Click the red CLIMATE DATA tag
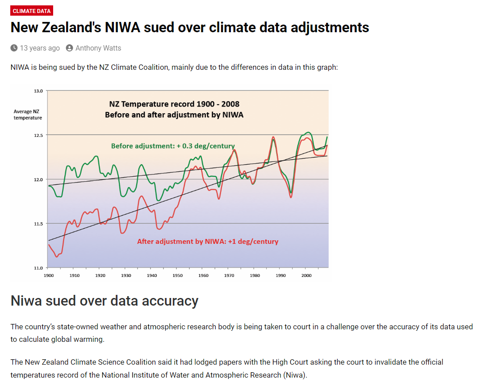(x=32, y=11)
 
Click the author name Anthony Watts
(x=98, y=48)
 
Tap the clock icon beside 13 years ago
(x=14, y=48)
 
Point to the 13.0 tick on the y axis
(x=38, y=91)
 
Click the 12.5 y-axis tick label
(x=38, y=135)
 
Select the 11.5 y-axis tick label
(x=38, y=223)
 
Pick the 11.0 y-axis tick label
(x=38, y=268)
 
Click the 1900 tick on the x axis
(x=49, y=276)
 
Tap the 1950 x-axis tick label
(x=178, y=276)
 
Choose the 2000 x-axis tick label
(x=306, y=276)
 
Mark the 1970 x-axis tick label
(x=229, y=276)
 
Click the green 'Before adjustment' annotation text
(x=173, y=146)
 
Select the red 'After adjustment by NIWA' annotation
(x=207, y=242)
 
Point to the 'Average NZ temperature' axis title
(x=28, y=115)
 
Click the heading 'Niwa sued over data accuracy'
(x=104, y=301)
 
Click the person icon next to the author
(x=69, y=48)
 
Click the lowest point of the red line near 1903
(x=57, y=256)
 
